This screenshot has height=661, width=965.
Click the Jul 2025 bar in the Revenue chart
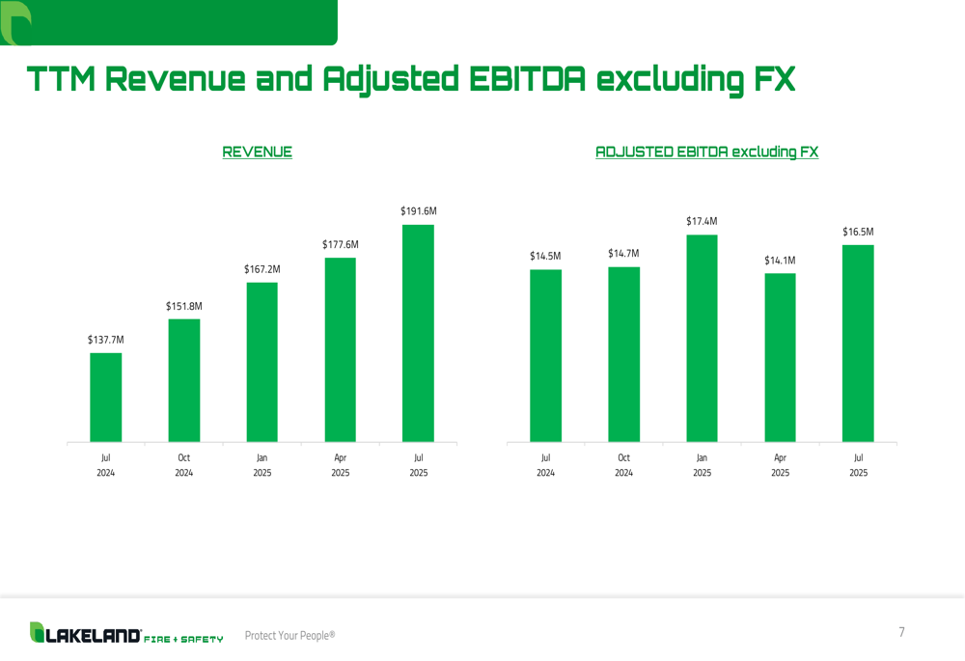click(x=418, y=333)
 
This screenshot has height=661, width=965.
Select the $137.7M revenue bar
click(x=106, y=398)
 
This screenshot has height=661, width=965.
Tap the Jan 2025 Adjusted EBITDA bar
click(x=702, y=338)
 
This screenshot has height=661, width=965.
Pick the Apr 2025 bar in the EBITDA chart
click(x=780, y=357)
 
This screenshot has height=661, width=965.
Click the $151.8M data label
click(x=183, y=307)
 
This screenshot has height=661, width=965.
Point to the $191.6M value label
click(x=419, y=211)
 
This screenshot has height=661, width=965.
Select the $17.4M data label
click(x=702, y=222)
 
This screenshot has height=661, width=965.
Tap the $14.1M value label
click(x=780, y=261)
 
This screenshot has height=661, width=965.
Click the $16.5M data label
click(x=858, y=232)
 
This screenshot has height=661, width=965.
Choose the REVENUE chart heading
click(x=258, y=151)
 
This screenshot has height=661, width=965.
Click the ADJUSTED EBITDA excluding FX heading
click(x=706, y=151)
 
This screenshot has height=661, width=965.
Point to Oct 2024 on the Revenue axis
click(x=183, y=465)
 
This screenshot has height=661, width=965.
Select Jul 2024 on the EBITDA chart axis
click(x=545, y=465)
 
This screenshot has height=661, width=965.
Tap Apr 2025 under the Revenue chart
click(x=340, y=465)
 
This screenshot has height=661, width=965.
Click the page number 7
click(x=902, y=632)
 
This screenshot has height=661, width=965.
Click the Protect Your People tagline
click(x=289, y=635)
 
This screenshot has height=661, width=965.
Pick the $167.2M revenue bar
click(x=262, y=362)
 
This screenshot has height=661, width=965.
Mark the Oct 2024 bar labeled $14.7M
click(x=623, y=354)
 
